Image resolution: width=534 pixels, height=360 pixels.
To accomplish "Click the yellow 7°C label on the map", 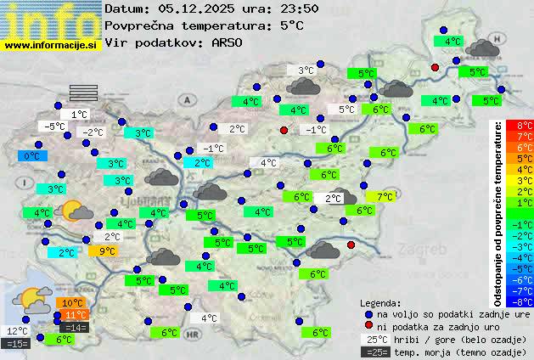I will tap(385, 196).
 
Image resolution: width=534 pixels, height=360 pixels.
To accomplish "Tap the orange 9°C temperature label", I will tap(107, 250).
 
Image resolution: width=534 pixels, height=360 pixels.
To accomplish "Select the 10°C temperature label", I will tap(71, 303).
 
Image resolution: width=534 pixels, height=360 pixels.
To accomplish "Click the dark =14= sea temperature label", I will tap(74, 327).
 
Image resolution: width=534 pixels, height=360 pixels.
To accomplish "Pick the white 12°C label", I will tap(17, 331).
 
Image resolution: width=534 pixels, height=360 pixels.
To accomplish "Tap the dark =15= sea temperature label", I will tap(17, 344).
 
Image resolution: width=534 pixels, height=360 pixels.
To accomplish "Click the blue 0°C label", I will tap(31, 156).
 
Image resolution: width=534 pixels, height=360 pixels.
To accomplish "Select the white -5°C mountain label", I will tap(56, 127).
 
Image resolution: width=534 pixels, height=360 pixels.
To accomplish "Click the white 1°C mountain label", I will tap(80, 114).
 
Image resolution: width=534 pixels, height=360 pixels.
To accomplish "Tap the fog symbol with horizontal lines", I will tap(83, 92).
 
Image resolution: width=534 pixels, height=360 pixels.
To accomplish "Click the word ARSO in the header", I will tap(228, 42).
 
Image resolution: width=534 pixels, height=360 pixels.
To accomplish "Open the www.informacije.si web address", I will tap(51, 44).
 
